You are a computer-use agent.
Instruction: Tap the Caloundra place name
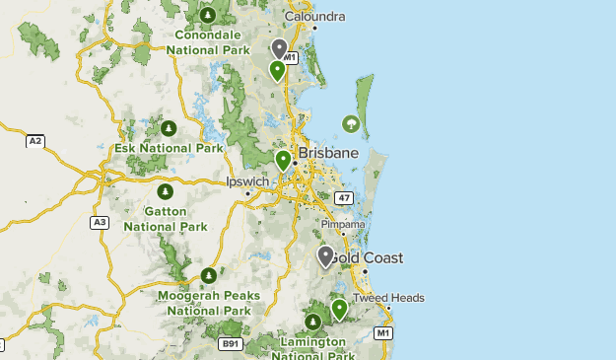314,17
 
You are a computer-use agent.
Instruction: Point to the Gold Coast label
367,257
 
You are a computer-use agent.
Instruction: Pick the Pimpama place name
343,224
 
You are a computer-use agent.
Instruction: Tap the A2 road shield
35,141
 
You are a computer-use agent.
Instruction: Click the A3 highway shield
100,222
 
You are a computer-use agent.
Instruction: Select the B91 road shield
231,343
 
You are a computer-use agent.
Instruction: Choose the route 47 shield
343,198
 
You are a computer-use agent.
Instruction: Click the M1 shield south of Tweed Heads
384,333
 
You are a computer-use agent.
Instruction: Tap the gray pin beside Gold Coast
325,255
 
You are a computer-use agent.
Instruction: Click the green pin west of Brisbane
283,159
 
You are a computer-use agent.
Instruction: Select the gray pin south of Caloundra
280,47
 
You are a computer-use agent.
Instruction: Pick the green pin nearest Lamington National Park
340,309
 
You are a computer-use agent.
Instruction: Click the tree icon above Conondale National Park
207,15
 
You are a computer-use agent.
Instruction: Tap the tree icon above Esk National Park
168,128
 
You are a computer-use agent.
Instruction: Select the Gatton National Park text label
166,219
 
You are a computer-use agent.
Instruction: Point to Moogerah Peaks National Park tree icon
208,275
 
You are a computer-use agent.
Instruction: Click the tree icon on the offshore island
349,123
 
